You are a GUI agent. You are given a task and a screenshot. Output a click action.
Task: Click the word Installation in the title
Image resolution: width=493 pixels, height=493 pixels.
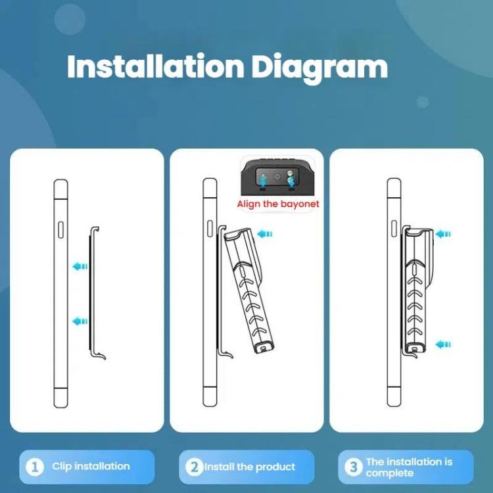pos(156,66)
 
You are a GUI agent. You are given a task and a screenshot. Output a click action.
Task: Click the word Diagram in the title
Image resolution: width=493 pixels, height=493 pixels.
pos(319,68)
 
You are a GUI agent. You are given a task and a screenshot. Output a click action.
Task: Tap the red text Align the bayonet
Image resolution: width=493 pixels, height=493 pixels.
pos(278,204)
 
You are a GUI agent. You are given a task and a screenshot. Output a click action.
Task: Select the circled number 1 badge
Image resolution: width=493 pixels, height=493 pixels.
pos(35,467)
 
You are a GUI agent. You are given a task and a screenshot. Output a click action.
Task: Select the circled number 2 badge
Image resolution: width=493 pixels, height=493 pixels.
pos(195,467)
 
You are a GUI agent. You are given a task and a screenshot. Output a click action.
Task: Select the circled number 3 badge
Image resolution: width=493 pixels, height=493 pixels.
pos(354,467)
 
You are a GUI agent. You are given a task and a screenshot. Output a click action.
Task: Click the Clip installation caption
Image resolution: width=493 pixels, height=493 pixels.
pos(91,466)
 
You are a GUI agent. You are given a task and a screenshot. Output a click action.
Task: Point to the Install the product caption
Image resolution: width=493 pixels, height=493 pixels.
pos(250,467)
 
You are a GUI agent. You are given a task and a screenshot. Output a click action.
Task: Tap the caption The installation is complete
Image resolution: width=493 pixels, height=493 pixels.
pos(409,467)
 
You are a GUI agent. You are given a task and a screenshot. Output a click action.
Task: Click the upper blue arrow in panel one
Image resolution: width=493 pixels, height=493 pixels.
pos(80,267)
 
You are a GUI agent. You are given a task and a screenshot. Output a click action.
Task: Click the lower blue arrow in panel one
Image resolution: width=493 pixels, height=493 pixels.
pos(80,321)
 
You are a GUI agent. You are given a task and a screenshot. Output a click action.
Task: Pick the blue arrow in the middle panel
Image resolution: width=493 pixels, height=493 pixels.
pos(264,234)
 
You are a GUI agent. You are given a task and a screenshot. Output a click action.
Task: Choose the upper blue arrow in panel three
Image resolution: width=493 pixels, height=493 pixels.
pos(443,234)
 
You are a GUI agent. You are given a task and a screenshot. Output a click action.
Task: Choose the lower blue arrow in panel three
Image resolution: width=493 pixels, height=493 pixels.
pos(443,344)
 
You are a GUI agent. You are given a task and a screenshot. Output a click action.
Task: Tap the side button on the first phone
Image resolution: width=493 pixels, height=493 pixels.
pos(60,229)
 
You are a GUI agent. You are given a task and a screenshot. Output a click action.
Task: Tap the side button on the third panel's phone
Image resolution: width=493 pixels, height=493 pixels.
pos(394,229)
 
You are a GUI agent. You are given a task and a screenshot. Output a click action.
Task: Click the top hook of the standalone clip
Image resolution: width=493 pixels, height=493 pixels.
pos(95,229)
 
